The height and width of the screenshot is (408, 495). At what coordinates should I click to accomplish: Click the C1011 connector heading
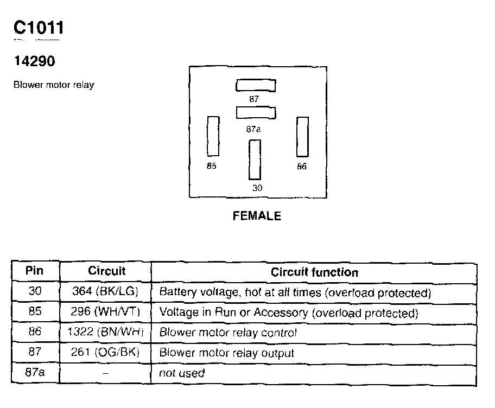[39, 28]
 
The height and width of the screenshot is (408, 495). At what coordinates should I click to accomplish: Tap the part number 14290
[34, 62]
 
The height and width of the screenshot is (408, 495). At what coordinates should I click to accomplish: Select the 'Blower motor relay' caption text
[54, 85]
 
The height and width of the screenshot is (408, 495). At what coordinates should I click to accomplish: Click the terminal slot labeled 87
[256, 85]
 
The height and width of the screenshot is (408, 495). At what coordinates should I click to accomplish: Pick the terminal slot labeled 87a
[256, 112]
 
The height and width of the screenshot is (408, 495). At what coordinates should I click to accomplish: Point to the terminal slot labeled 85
[213, 136]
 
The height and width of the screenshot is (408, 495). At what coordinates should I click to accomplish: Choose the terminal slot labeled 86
[302, 136]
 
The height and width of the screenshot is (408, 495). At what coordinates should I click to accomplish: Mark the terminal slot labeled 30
[255, 160]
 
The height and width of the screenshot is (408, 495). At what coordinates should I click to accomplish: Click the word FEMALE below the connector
[257, 216]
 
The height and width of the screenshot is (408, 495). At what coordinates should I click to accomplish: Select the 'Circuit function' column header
[314, 272]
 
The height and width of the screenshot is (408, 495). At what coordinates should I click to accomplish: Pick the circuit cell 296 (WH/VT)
[105, 313]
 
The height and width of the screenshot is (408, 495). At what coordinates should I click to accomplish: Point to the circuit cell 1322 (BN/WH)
[105, 333]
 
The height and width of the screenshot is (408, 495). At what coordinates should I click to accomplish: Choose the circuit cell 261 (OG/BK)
[105, 353]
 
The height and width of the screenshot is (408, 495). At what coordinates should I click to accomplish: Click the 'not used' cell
[182, 373]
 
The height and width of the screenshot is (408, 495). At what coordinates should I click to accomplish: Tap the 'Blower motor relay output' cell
[227, 353]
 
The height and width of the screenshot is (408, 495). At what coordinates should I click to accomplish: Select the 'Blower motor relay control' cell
[228, 333]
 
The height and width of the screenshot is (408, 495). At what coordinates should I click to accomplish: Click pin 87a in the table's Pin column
[35, 373]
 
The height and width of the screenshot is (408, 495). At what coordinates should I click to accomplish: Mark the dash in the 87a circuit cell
[105, 373]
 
